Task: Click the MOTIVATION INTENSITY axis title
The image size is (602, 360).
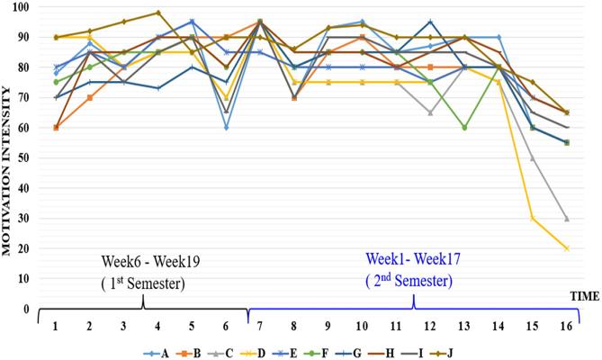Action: (x=7, y=157)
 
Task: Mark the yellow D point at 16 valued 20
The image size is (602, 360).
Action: (x=566, y=248)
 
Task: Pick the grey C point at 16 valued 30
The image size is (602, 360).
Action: (x=566, y=219)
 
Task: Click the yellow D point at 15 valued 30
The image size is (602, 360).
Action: (x=532, y=219)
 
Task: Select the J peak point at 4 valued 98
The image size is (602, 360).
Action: (x=157, y=13)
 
